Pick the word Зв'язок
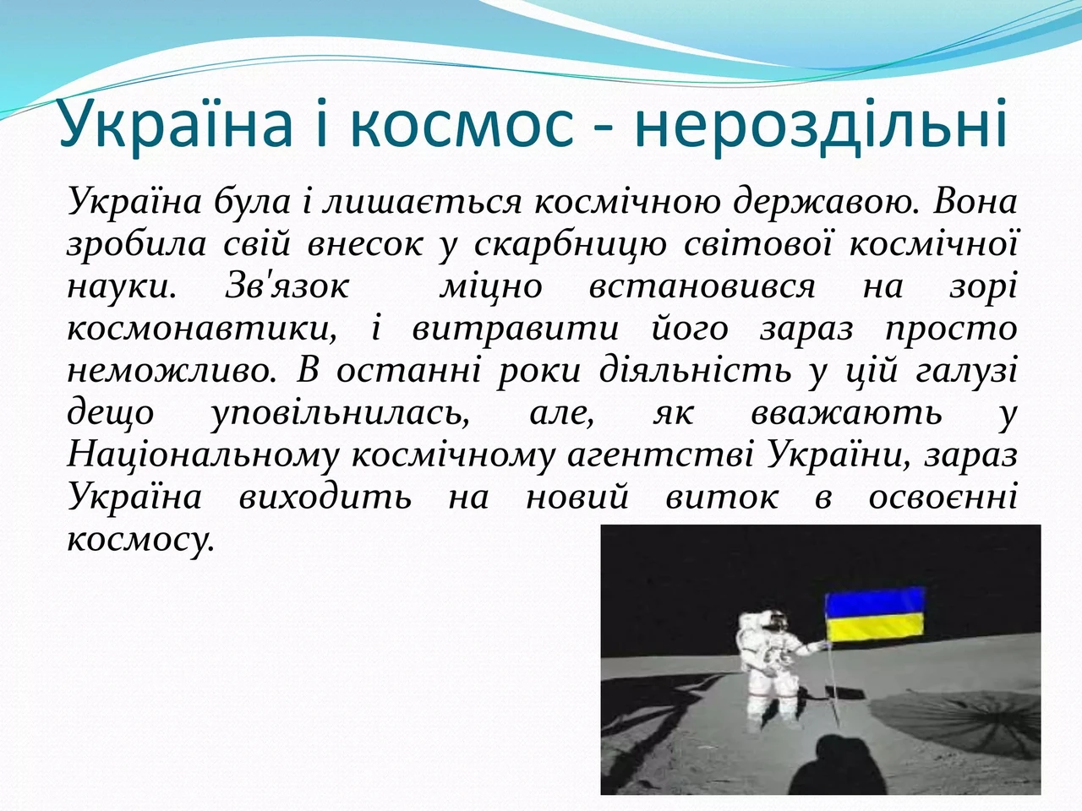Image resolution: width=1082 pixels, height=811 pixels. pos(287,286)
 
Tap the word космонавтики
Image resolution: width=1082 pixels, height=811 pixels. pos(202,329)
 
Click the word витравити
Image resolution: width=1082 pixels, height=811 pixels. pos(515,329)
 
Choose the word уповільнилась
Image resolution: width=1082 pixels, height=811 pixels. pos(340,415)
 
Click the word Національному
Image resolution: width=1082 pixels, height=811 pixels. pos(203,456)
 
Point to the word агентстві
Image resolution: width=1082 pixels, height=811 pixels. pos(660,456)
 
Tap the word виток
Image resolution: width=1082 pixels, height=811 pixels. pos(722,498)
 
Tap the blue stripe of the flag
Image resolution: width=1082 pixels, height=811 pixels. pos(875,603)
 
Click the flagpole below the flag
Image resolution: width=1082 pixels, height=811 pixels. pos(833,684)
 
